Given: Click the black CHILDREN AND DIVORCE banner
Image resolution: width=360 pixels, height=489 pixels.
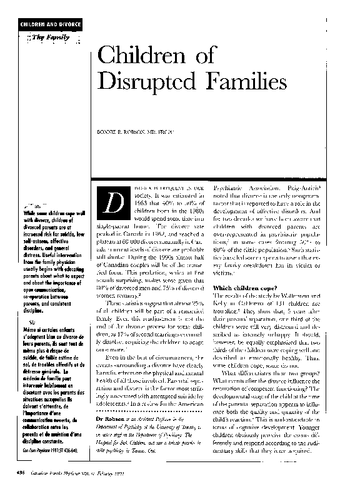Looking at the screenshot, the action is (x=51, y=24).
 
